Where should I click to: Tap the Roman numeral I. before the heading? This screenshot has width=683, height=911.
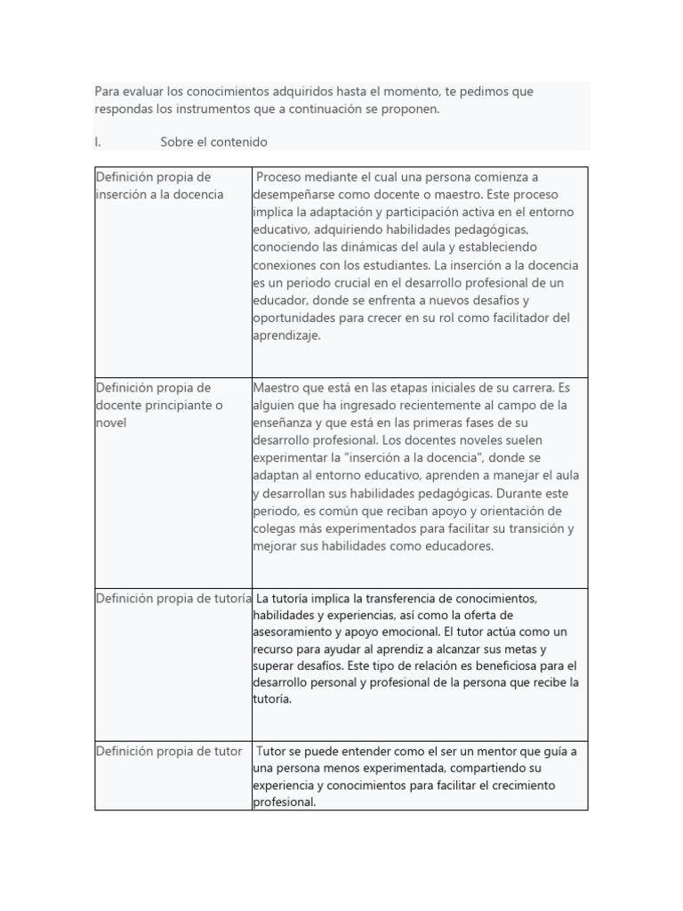point(98,142)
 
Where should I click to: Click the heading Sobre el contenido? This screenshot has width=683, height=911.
point(213,142)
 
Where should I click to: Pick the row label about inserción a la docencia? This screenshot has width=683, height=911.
point(159,186)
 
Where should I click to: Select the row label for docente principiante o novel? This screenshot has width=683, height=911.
point(159,405)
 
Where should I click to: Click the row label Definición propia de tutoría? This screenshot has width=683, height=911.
point(173,598)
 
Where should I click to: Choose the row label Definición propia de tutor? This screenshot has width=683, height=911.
point(168,751)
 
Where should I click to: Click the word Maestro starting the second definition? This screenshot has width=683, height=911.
point(278,387)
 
